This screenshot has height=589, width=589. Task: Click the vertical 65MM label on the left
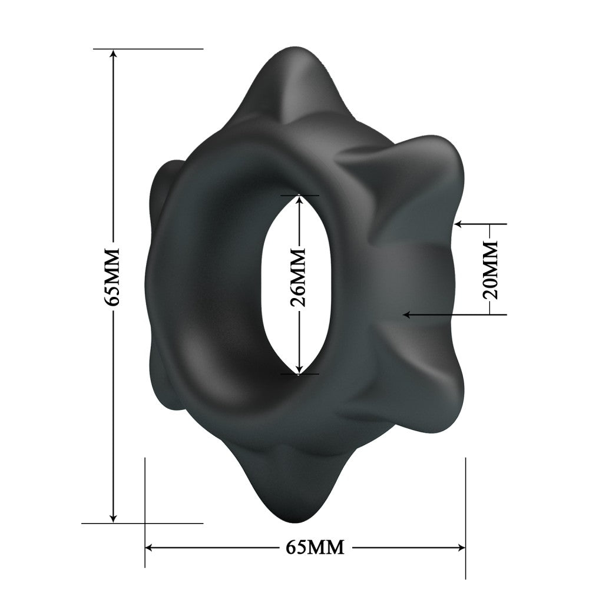click(112, 276)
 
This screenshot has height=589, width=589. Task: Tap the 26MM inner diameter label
click(299, 276)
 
